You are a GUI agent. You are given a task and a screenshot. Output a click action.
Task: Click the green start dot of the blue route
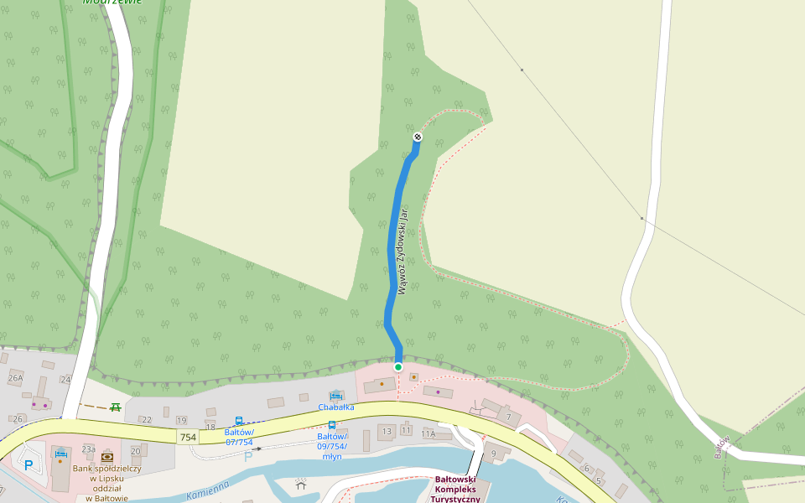pyautogui.click(x=398, y=367)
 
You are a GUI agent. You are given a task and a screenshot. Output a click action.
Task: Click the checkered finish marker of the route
pyautogui.click(x=418, y=137)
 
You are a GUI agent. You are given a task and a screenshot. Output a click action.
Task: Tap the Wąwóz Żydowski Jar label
pyautogui.click(x=403, y=251)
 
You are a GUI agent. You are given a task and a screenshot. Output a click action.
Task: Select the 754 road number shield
pyautogui.click(x=188, y=438)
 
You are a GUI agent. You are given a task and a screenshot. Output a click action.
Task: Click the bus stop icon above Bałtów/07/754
pyautogui.click(x=239, y=421)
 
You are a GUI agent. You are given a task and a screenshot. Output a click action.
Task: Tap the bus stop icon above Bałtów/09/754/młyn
pyautogui.click(x=332, y=425)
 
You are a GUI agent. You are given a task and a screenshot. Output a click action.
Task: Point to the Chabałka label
pyautogui.click(x=335, y=407)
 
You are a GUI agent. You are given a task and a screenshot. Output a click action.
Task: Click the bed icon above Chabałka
pyautogui.click(x=335, y=395)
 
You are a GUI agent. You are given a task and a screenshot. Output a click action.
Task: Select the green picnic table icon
pyautogui.click(x=116, y=407)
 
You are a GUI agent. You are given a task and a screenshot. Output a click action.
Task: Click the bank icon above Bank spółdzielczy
pyautogui.click(x=107, y=457)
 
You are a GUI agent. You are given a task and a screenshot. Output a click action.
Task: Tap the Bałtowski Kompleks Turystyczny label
pyautogui.click(x=457, y=490)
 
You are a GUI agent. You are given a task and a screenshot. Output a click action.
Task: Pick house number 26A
pyautogui.click(x=15, y=378)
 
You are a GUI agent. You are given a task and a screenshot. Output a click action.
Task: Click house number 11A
pyautogui.click(x=428, y=434)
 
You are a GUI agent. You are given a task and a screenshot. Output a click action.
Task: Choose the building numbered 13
pyautogui.click(x=387, y=431)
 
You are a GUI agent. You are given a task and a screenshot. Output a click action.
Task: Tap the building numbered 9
pyautogui.click(x=494, y=454)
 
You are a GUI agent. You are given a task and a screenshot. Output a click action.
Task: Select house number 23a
pyautogui.click(x=88, y=450)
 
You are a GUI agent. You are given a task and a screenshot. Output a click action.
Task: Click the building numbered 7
pyautogui.click(x=507, y=417)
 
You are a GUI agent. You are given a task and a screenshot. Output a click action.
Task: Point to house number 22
pyautogui.click(x=146, y=420)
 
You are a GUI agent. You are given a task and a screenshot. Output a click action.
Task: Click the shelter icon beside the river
pyautogui.click(x=301, y=483)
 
